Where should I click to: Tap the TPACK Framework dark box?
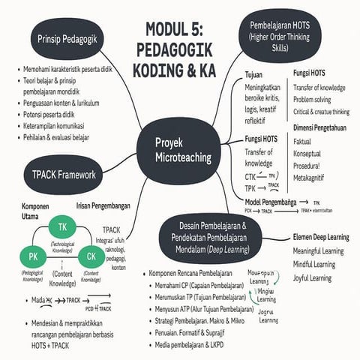point(64,175)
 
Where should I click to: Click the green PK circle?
point(34,258)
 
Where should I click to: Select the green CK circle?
point(91,258)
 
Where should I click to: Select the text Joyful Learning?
point(312,277)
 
